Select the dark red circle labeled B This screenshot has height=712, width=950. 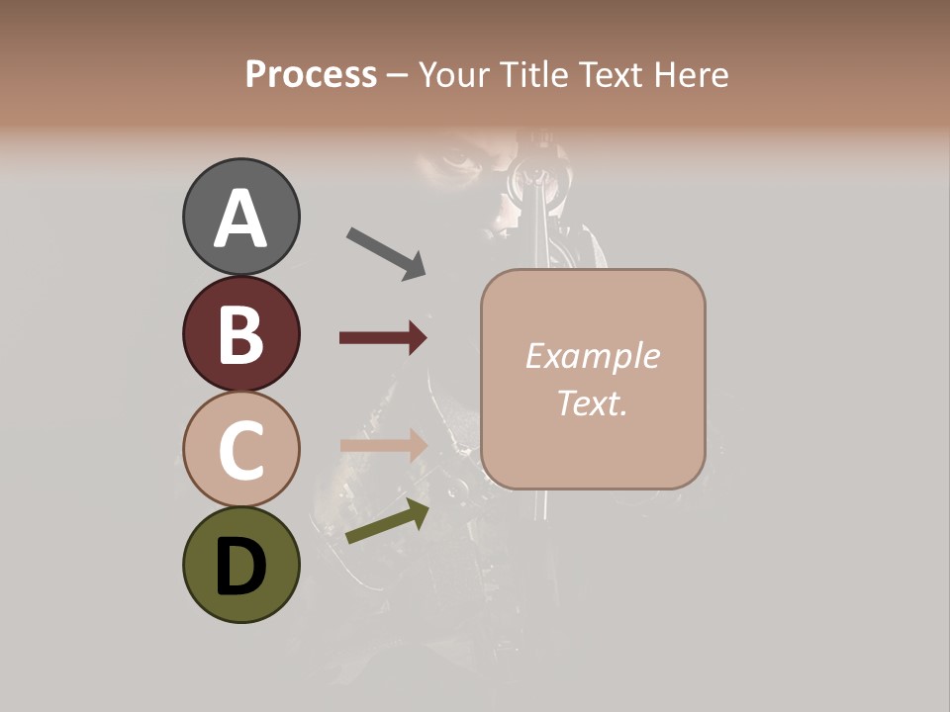(x=240, y=333)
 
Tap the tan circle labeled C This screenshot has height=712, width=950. (x=240, y=448)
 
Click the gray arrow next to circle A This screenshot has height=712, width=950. (x=385, y=253)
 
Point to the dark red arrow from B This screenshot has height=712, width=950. (x=383, y=338)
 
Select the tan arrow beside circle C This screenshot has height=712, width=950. (x=383, y=445)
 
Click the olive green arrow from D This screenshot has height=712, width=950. (x=387, y=521)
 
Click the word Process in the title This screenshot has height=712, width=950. (x=311, y=74)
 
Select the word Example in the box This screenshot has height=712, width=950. (x=592, y=356)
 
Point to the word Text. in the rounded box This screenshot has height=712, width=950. (x=592, y=402)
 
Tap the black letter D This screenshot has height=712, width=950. (x=240, y=568)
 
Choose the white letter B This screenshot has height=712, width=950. (x=240, y=334)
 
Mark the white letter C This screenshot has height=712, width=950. (x=240, y=450)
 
